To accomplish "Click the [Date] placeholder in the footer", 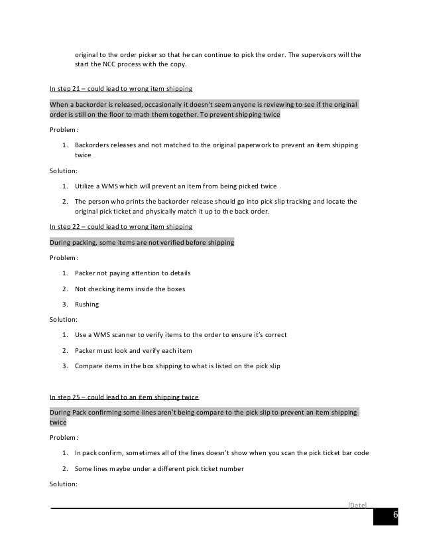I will pyautogui.click(x=357, y=505).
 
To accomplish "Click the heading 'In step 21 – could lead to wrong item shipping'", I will pyautogui.click(x=122, y=90).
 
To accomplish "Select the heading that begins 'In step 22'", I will pyautogui.click(x=122, y=227).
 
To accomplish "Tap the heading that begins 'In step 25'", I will pyautogui.click(x=125, y=397).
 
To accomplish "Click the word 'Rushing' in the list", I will pyautogui.click(x=87, y=305).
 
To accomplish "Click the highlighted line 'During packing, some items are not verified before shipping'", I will pyautogui.click(x=142, y=243).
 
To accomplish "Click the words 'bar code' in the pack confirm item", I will pyautogui.click(x=354, y=453).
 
